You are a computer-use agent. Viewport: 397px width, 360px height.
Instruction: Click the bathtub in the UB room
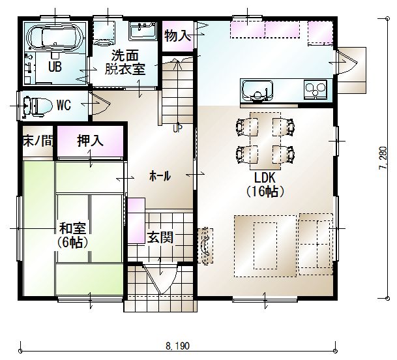pyautogui.click(x=55, y=37)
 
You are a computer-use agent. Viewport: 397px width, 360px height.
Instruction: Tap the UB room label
pyautogui.click(x=55, y=67)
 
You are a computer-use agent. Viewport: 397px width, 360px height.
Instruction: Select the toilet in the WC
pyautogui.click(x=37, y=106)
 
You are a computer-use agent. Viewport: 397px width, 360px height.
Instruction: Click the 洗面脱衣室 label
pyautogui.click(x=125, y=62)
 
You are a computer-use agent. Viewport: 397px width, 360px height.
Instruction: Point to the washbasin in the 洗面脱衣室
pyautogui.click(x=142, y=31)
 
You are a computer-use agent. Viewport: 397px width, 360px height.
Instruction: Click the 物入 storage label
pyautogui.click(x=177, y=35)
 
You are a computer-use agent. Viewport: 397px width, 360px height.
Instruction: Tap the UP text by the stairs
pyautogui.click(x=177, y=129)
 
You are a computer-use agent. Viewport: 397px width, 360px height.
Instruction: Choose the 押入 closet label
pyautogui.click(x=91, y=141)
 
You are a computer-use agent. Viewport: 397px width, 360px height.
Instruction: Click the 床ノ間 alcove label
pyautogui.click(x=38, y=141)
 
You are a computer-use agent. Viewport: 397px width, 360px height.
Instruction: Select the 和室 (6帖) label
pyautogui.click(x=72, y=235)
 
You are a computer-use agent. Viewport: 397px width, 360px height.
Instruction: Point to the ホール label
pyautogui.click(x=160, y=176)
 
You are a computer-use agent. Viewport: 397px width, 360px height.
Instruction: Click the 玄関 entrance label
pyautogui.click(x=160, y=237)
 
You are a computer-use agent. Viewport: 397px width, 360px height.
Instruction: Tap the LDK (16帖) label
pyautogui.click(x=265, y=185)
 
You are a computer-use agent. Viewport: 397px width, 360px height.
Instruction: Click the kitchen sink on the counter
pyautogui.click(x=257, y=91)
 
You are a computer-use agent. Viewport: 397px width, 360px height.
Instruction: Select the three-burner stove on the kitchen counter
pyautogui.click(x=316, y=90)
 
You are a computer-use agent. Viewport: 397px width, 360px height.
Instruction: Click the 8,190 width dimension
pyautogui.click(x=178, y=346)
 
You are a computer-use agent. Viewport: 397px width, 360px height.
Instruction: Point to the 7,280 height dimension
pyautogui.click(x=383, y=158)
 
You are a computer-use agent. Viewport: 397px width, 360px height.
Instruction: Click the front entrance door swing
pyautogui.click(x=160, y=279)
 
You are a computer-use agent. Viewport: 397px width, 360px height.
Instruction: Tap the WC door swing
pyautogui.click(x=100, y=104)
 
